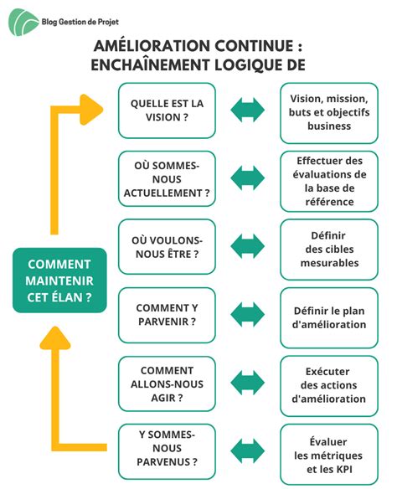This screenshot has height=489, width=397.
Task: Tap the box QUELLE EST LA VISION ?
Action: click(167, 110)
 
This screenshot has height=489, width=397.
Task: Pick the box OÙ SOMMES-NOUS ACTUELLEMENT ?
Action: click(167, 178)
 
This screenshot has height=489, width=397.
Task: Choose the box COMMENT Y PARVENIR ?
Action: click(167, 315)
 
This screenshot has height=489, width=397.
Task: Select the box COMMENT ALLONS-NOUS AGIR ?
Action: click(167, 383)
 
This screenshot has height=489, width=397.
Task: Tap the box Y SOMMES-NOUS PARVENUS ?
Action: click(167, 450)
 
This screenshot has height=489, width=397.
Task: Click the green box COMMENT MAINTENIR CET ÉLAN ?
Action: click(59, 280)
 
